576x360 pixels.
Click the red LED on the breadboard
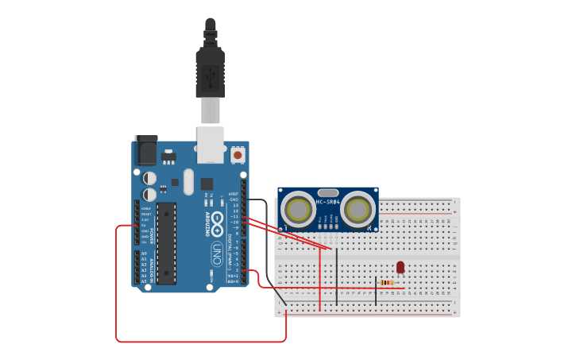(400, 268)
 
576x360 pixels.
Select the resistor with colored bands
(387, 283)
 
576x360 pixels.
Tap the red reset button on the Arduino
(238, 155)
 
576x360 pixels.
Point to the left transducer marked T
(298, 211)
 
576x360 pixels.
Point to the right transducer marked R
(358, 211)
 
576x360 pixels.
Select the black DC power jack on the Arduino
(146, 150)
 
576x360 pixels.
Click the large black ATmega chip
(166, 242)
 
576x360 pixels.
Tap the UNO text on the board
(216, 254)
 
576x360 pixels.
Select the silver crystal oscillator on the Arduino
(187, 181)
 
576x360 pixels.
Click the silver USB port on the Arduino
(210, 143)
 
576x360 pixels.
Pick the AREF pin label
(234, 193)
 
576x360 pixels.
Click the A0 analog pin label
(144, 254)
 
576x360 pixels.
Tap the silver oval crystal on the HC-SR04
(327, 192)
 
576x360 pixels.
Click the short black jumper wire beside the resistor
(376, 291)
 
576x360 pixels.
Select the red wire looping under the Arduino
(199, 342)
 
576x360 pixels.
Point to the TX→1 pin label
(233, 276)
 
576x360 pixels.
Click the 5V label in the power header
(146, 225)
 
